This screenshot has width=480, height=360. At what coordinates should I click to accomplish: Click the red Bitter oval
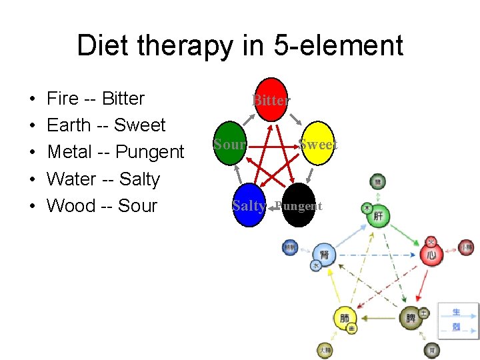tap(271, 100)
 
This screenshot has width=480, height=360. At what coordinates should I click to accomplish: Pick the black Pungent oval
tap(297, 205)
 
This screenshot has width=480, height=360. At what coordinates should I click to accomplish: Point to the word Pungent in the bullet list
tap(149, 152)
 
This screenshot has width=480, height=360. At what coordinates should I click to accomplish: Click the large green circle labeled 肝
tap(379, 217)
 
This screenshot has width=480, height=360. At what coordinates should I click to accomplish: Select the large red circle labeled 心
tap(432, 255)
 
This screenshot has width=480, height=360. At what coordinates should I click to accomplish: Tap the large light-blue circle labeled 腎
tap(325, 254)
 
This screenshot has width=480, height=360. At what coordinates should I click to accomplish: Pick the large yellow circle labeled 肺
tap(345, 318)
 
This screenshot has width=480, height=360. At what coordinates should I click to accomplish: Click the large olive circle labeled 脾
tap(411, 318)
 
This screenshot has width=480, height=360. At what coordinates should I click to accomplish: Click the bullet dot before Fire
tap(33, 99)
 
